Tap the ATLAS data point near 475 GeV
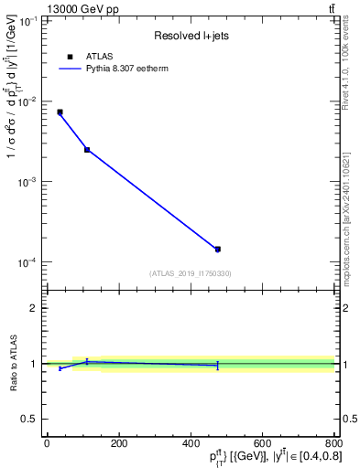click(217, 249)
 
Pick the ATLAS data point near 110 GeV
click(87, 149)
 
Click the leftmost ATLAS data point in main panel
click(60, 112)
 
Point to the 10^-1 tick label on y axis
click(27, 20)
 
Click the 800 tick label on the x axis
click(333, 443)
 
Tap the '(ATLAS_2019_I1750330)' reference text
click(189, 273)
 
